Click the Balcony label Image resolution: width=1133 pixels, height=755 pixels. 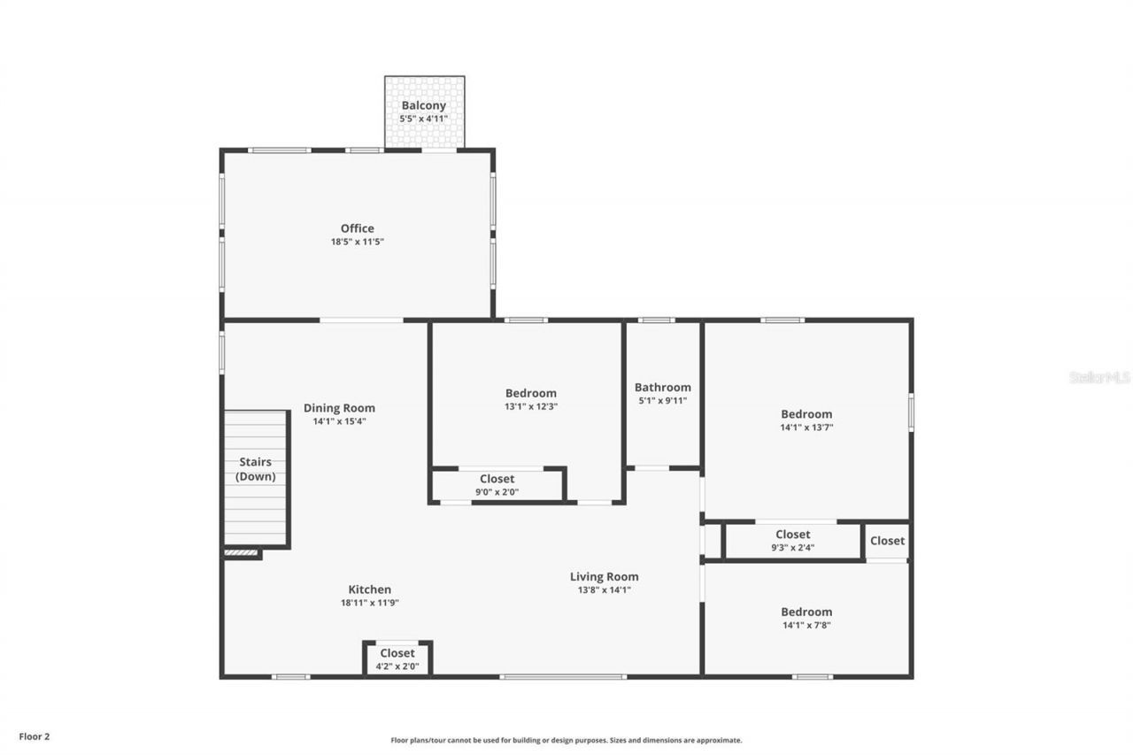point(424,105)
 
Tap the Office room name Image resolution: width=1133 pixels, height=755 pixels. point(358,228)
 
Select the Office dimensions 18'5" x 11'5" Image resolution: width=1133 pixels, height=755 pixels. point(358,242)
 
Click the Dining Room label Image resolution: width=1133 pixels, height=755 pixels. point(339,408)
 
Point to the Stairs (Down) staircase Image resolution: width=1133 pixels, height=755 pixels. point(255,478)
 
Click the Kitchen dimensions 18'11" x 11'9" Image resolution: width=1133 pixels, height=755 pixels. point(369,603)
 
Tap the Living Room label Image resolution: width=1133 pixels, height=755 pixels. point(604,577)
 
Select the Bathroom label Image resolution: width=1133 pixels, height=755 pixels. point(663,387)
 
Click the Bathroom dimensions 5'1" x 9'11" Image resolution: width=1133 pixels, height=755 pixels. point(663,401)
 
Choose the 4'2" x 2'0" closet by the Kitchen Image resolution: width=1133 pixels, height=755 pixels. point(397,659)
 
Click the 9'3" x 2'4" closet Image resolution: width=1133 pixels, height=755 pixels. point(792,541)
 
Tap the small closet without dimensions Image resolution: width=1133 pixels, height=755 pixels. point(887,541)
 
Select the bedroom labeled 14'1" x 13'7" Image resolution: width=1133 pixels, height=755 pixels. point(806,420)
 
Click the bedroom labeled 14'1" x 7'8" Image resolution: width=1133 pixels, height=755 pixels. point(806,618)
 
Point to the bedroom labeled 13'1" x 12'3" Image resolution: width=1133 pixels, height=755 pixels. point(531,399)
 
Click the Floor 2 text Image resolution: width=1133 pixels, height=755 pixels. point(35,736)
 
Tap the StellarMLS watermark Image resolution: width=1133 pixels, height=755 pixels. point(1100,377)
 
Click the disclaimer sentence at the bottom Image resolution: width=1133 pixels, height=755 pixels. point(566,740)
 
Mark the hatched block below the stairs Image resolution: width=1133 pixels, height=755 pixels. point(241,553)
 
